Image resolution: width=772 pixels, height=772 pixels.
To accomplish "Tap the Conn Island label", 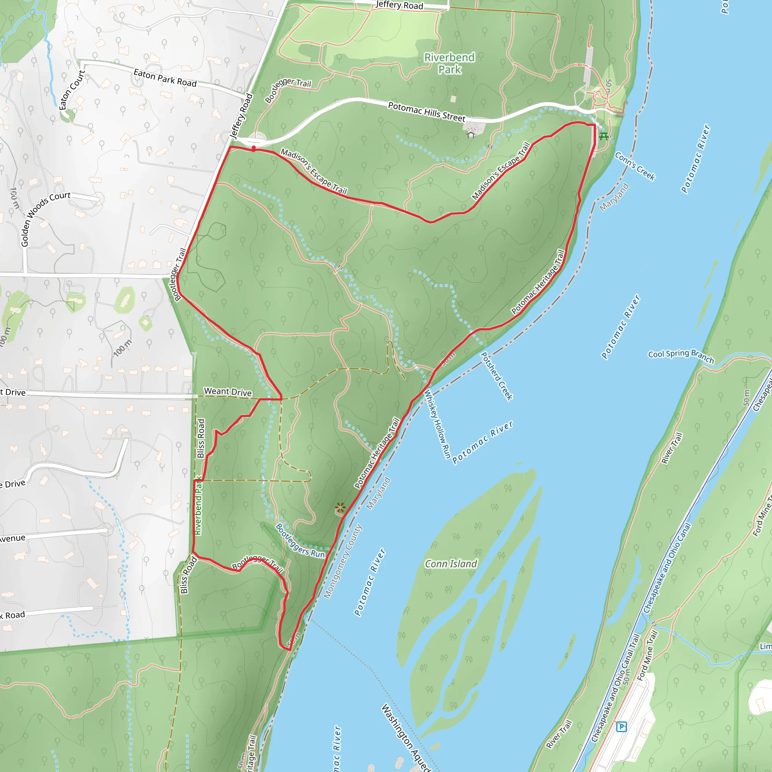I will point(451,564).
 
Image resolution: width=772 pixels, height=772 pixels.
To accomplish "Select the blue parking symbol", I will point(621,726).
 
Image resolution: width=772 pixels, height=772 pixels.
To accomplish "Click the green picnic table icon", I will point(604,137).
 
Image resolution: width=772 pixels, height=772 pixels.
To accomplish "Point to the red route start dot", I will point(254,149).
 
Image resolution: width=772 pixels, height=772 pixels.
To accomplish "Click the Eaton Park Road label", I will point(165,78).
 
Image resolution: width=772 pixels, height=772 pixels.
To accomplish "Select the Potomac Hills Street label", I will point(427,112).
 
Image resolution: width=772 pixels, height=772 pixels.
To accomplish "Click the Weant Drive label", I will point(228,392).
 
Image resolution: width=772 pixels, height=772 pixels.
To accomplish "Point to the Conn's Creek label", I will point(635,166).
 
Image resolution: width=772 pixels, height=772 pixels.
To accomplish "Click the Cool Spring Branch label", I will point(681,355).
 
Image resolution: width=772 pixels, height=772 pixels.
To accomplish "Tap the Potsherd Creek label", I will point(496,376).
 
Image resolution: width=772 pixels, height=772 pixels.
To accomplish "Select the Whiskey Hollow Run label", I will point(437,424).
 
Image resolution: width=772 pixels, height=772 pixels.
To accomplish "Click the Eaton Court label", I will point(72,90).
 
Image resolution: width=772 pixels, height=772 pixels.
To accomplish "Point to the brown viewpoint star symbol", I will point(340,508).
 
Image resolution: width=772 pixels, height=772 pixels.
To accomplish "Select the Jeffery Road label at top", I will point(399,5).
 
